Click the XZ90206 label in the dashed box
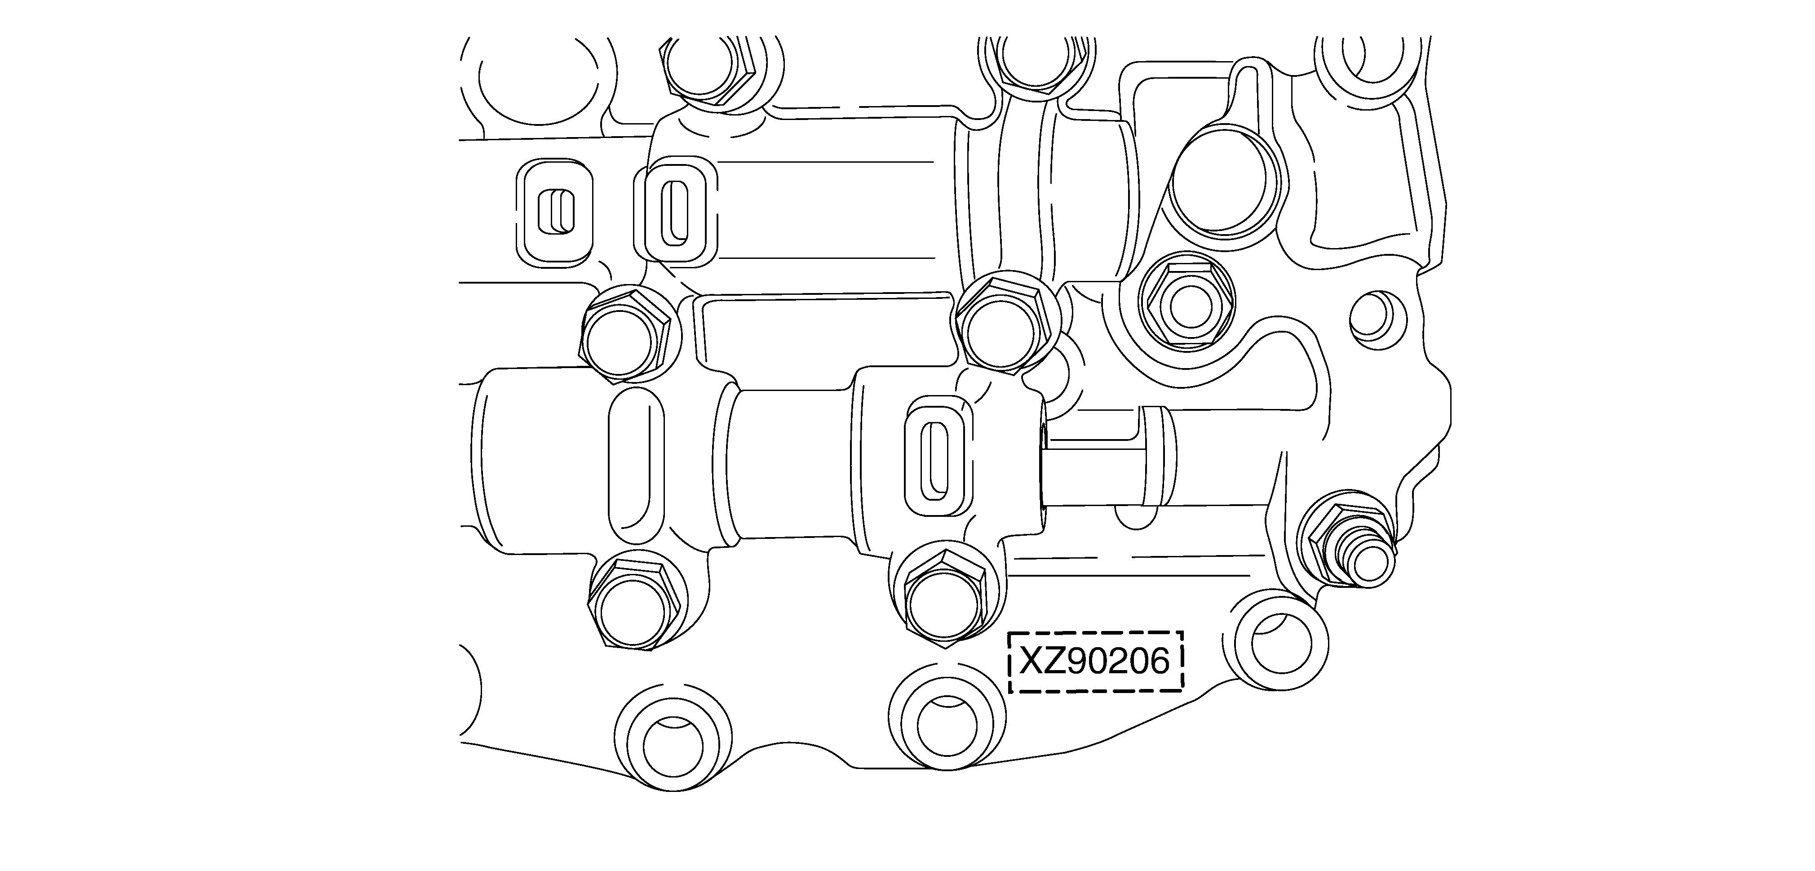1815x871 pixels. pos(1095,662)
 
